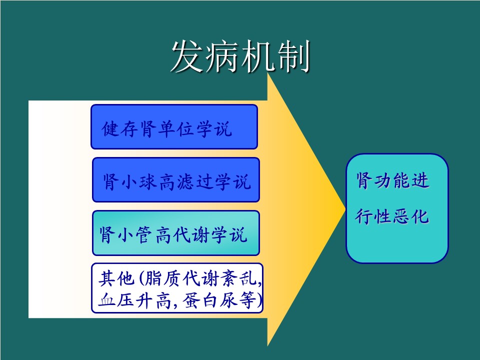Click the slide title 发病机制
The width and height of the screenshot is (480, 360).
pos(240,56)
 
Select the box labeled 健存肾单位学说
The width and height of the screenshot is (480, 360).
pos(174,126)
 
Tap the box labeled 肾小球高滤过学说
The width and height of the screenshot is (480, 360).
pos(175,179)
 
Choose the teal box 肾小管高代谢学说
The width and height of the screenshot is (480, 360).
pos(175,233)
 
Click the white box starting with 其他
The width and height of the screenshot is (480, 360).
pos(177,288)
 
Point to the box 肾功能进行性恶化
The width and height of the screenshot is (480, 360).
pos(397,208)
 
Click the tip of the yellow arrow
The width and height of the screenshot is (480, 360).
pos(345,209)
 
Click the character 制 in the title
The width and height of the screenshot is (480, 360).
pos(293,57)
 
